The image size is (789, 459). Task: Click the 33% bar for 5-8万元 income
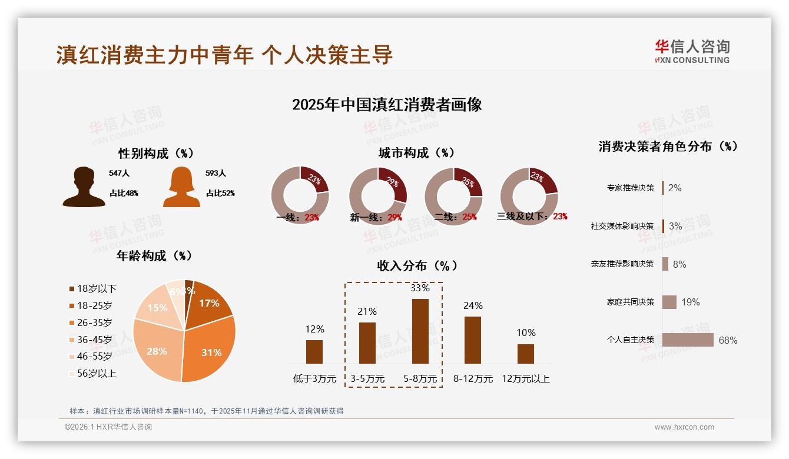[420, 331]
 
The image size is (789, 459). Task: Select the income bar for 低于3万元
[314, 351]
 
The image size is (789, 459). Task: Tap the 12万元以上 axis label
[525, 379]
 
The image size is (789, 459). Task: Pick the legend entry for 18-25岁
[91, 305]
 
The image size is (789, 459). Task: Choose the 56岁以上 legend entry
[92, 373]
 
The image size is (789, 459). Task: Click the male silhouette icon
[84, 187]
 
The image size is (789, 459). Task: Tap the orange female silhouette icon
[181, 187]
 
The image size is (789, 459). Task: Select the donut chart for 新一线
[377, 195]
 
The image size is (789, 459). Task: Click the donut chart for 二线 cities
[453, 195]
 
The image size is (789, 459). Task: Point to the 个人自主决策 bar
[687, 340]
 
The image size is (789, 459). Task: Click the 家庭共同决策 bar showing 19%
[669, 302]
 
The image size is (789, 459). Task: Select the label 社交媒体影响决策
[622, 226]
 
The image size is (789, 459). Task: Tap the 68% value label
[728, 340]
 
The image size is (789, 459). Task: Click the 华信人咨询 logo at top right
[692, 51]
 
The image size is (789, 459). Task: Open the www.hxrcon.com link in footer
[684, 427]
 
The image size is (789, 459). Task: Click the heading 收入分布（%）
[417, 266]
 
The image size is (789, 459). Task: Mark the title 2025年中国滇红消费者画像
[387, 105]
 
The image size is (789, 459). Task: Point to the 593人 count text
[216, 174]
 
